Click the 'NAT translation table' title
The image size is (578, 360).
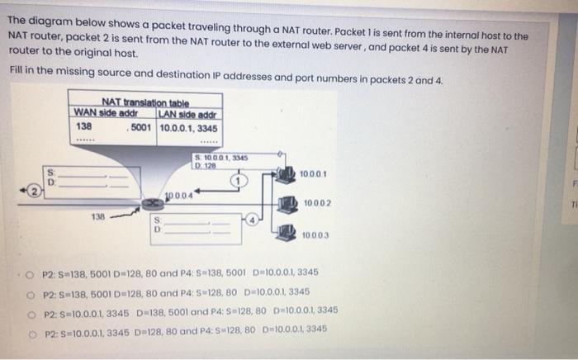click(145, 102)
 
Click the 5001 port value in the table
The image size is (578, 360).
click(140, 128)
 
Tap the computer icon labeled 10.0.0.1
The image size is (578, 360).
click(287, 175)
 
